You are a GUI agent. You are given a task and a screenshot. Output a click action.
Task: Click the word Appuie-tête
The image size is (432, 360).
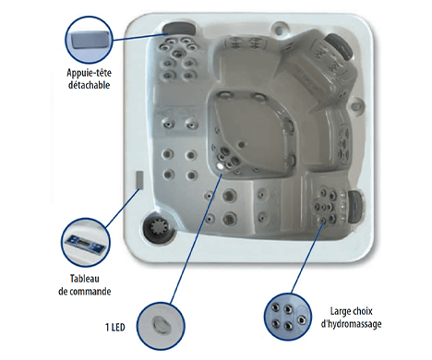click(x=89, y=73)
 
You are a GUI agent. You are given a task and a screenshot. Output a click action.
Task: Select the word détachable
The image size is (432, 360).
click(x=89, y=85)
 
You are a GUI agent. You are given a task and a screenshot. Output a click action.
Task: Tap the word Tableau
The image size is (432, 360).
click(x=85, y=279)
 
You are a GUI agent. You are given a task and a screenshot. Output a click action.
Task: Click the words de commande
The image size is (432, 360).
click(x=85, y=291)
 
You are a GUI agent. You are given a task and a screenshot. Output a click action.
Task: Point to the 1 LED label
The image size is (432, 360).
click(x=115, y=327)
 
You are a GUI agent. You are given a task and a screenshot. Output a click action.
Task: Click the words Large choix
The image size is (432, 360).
click(x=352, y=311)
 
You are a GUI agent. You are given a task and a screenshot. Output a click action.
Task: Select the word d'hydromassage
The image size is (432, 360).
click(x=352, y=324)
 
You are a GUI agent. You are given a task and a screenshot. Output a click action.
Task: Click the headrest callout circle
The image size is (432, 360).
click(x=90, y=40)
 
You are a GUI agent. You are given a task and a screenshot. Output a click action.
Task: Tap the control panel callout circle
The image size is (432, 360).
click(x=85, y=243)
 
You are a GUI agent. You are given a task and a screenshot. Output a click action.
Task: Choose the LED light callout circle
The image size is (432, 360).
click(x=161, y=326)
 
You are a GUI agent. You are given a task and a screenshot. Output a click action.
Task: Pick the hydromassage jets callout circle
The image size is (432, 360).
click(x=288, y=317)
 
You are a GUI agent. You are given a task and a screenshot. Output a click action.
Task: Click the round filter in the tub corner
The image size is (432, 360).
click(x=158, y=228)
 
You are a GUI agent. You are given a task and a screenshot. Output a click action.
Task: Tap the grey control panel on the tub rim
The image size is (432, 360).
click(x=139, y=180)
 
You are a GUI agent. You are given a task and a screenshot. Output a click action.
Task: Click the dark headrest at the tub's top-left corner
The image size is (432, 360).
click(x=179, y=29)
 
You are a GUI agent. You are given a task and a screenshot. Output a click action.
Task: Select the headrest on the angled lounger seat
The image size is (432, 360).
click(x=340, y=46)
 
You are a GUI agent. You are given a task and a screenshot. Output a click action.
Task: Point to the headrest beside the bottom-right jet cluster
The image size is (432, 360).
click(x=355, y=206)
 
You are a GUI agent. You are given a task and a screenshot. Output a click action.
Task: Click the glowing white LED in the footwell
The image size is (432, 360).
click(x=220, y=166)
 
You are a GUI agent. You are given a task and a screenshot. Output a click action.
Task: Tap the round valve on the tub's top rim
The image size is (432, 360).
click(x=280, y=27)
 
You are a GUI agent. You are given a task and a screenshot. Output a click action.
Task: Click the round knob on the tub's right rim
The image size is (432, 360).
click(x=356, y=104)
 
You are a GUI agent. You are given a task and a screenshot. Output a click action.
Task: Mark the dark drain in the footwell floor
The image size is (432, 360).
click(x=242, y=144)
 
